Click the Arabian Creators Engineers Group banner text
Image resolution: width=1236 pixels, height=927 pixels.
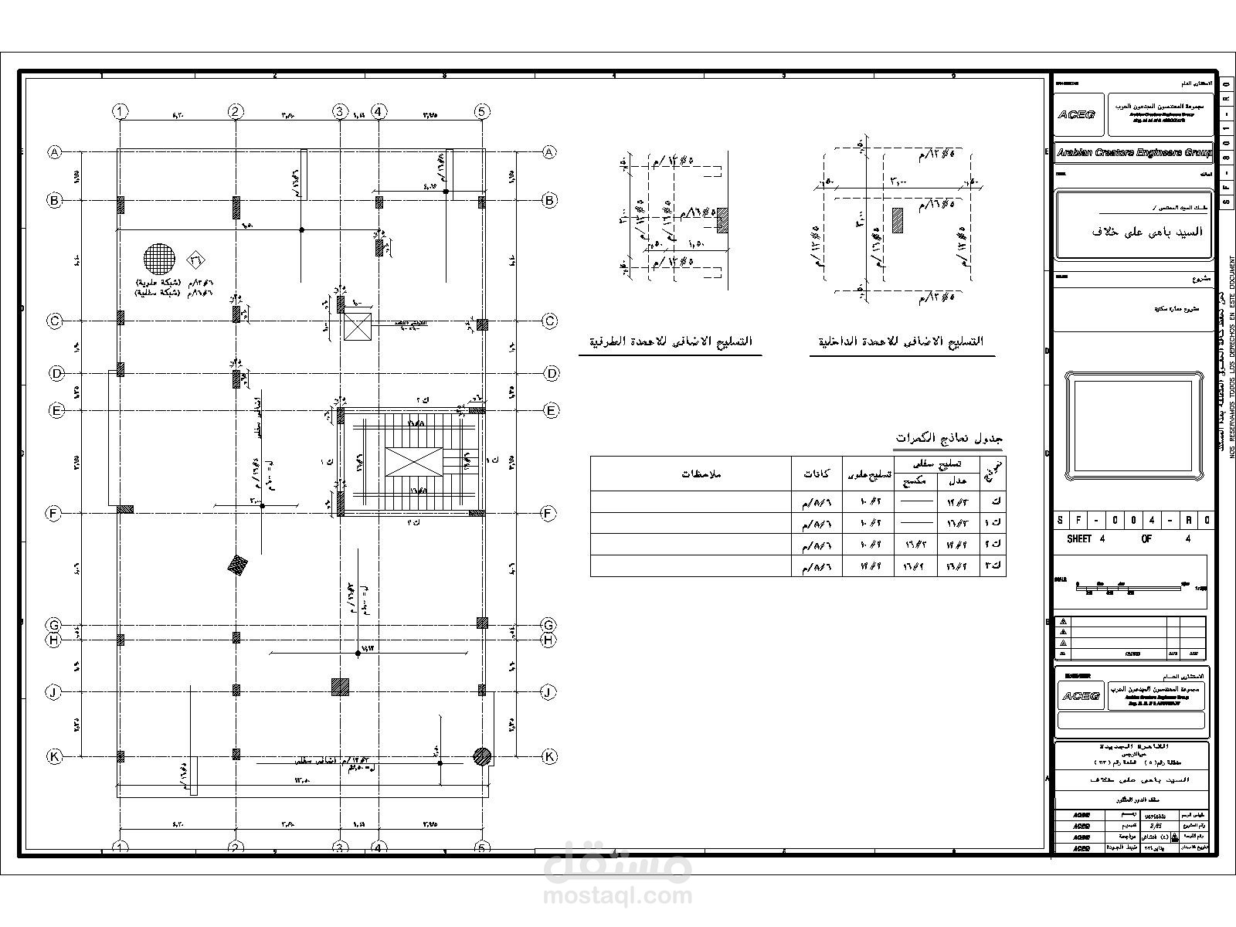(x=1133, y=153)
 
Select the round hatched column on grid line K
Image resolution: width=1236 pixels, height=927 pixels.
(x=482, y=756)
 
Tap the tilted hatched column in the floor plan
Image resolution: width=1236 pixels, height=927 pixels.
(x=238, y=566)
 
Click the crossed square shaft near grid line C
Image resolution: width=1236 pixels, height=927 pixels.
(x=358, y=327)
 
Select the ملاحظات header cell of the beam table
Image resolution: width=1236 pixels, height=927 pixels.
(x=701, y=474)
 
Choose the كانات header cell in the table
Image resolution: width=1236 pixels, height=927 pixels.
(x=817, y=474)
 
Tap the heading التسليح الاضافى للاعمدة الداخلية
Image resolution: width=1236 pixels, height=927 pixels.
(x=902, y=341)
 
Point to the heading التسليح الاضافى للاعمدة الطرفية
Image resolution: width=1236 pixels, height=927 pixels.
(x=671, y=341)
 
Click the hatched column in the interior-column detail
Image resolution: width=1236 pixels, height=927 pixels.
(x=898, y=220)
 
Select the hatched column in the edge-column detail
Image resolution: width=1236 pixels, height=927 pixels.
(x=722, y=219)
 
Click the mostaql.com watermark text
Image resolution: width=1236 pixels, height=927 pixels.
(x=618, y=896)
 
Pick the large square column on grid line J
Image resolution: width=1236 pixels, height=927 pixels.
(x=340, y=687)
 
